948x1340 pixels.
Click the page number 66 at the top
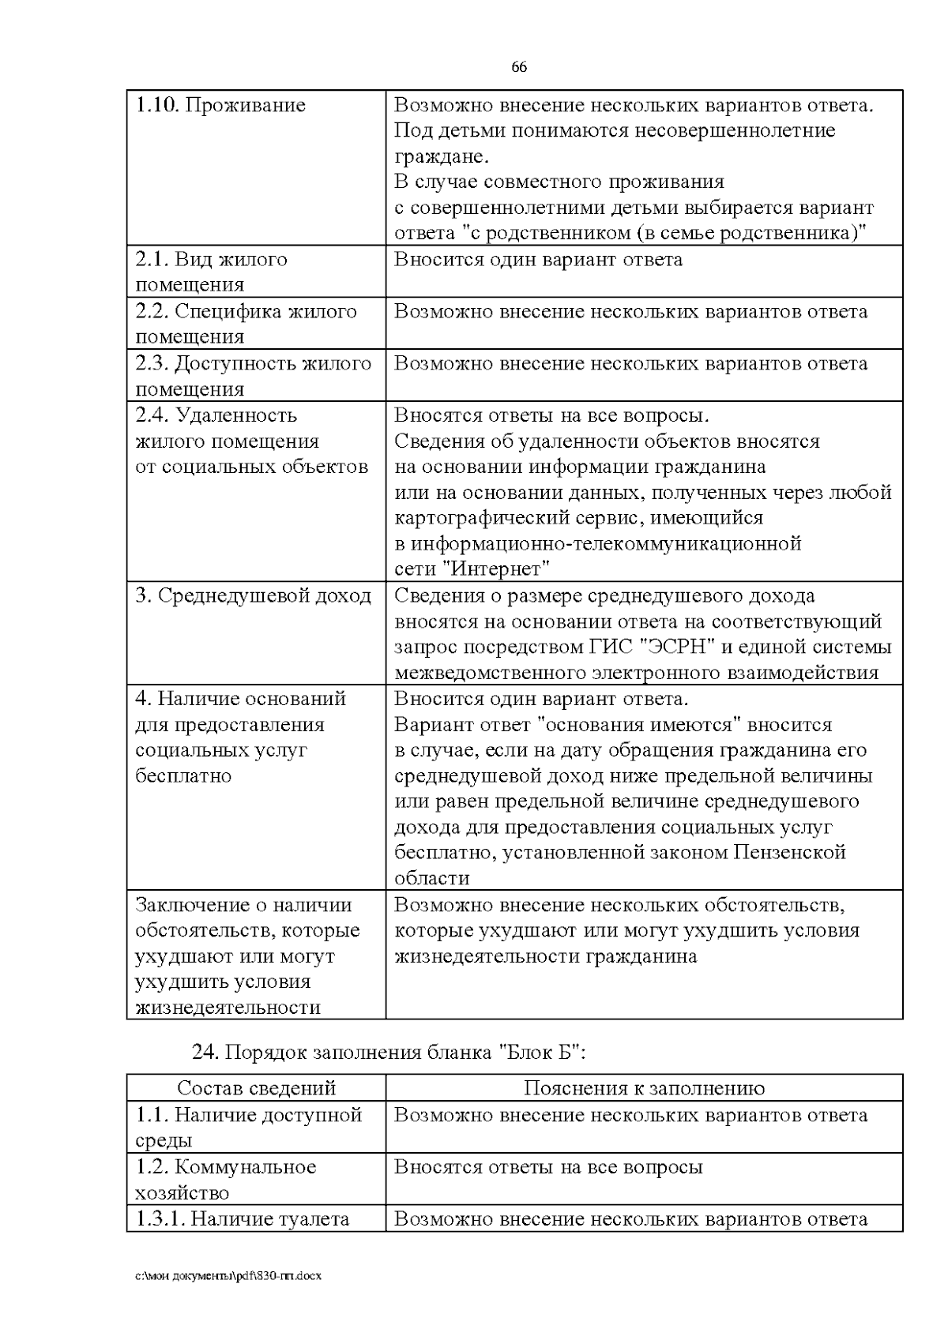pyautogui.click(x=519, y=67)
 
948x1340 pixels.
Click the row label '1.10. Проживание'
pyautogui.click(x=220, y=106)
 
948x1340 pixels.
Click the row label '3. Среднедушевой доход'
pyautogui.click(x=253, y=596)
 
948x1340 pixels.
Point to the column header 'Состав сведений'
pyautogui.click(x=256, y=1088)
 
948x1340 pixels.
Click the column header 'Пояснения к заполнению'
pyautogui.click(x=644, y=1088)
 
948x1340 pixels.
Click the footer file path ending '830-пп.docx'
pyautogui.click(x=228, y=1275)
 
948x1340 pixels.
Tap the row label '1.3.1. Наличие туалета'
pyautogui.click(x=243, y=1219)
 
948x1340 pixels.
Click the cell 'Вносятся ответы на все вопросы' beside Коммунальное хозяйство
pyautogui.click(x=548, y=1167)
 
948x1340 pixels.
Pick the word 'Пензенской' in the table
pyautogui.click(x=789, y=853)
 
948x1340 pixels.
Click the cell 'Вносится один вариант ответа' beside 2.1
pyautogui.click(x=538, y=260)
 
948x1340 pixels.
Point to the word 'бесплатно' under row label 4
pyautogui.click(x=183, y=776)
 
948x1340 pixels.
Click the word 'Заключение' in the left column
pyautogui.click(x=188, y=905)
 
